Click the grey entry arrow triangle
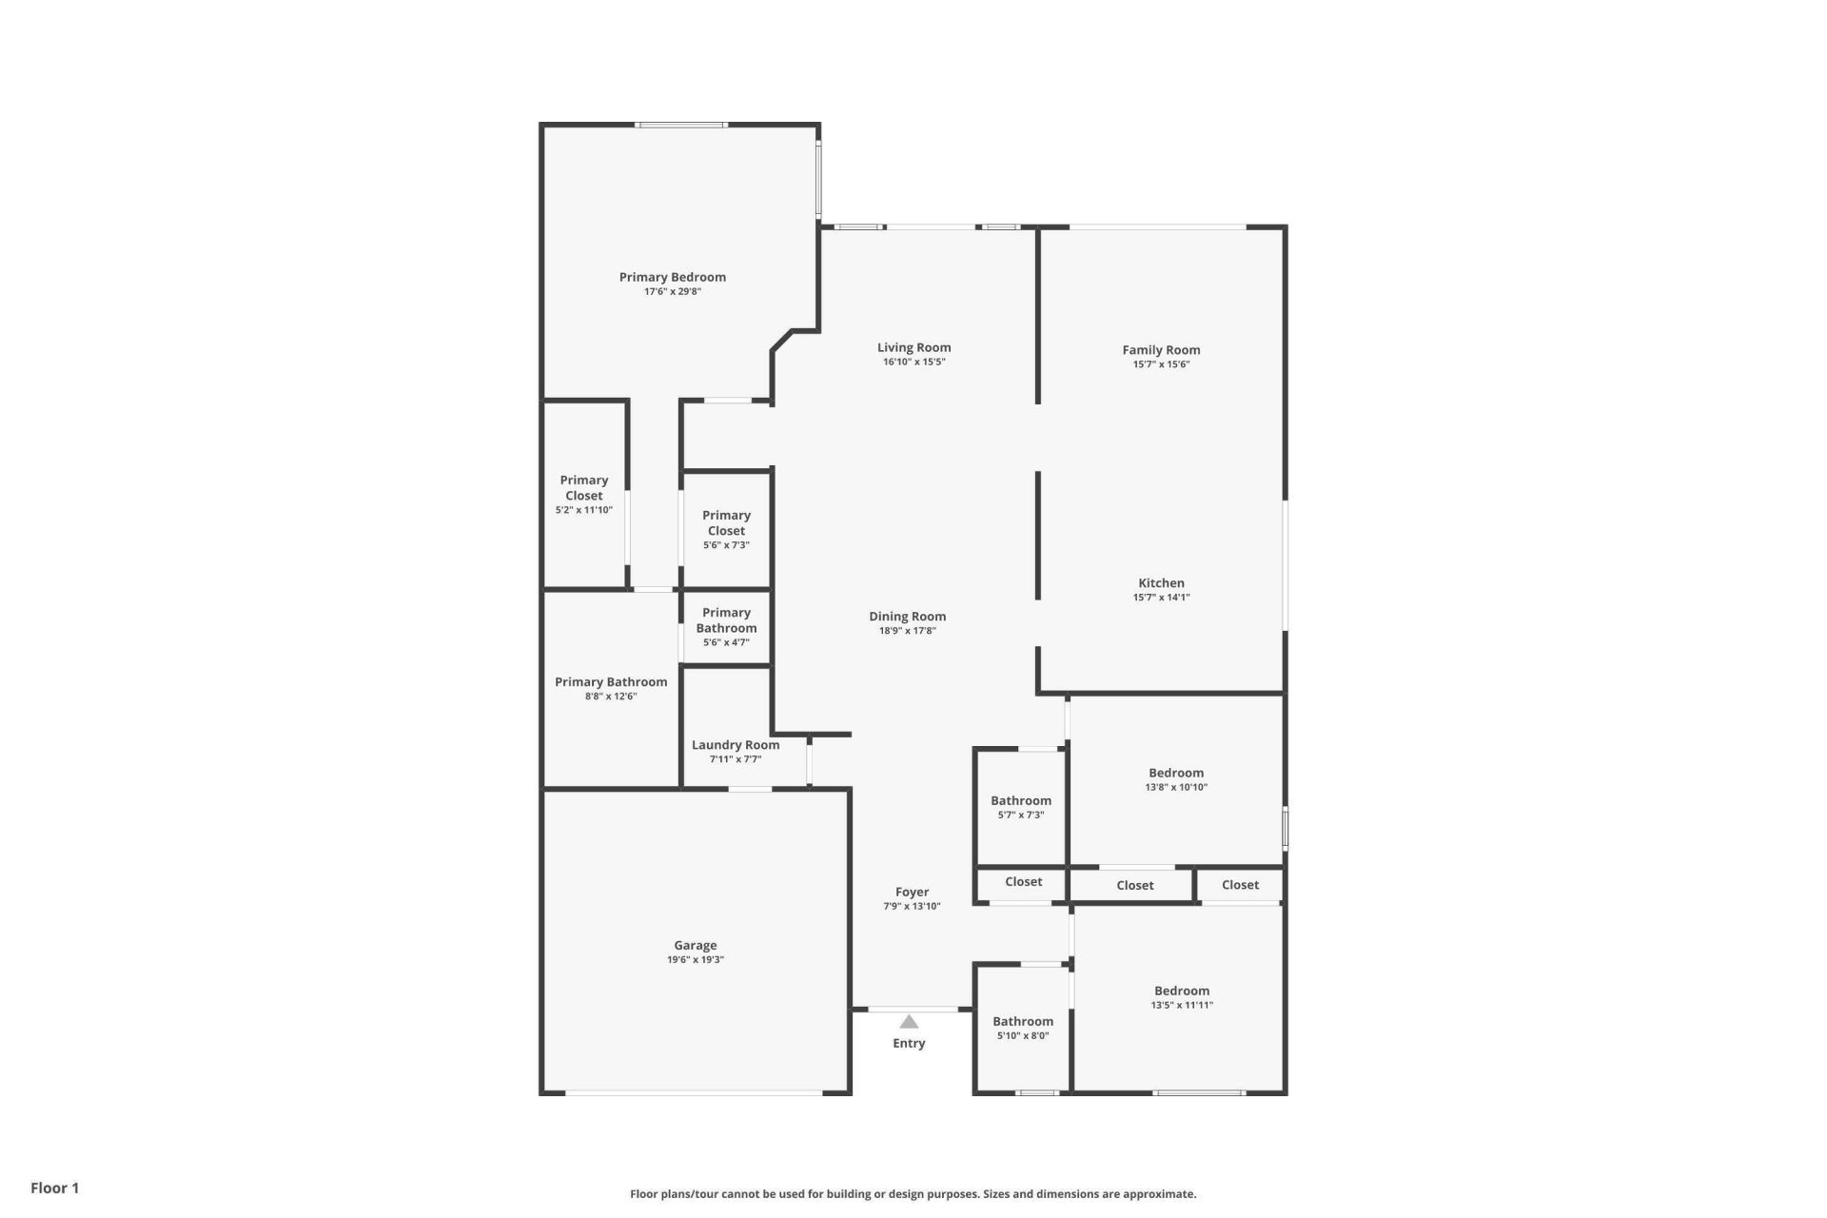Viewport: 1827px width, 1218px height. (909, 1022)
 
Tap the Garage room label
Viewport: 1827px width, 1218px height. (695, 945)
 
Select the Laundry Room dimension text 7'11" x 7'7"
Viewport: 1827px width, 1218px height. (736, 759)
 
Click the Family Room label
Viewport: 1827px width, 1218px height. (1161, 349)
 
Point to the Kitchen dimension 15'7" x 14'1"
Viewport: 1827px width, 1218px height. (1161, 598)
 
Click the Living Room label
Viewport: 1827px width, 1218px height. (913, 347)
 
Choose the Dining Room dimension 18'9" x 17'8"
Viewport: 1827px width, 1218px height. (907, 631)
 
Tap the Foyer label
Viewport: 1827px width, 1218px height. (912, 892)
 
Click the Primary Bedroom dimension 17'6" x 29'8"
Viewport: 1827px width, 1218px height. (672, 292)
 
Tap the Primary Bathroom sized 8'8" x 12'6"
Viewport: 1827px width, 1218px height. (611, 681)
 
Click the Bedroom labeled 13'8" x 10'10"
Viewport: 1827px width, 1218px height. (1176, 773)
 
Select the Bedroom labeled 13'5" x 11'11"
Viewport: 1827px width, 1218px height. (1182, 991)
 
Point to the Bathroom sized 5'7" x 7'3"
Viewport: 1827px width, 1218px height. (1021, 800)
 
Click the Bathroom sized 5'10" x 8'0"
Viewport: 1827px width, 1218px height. (1023, 1021)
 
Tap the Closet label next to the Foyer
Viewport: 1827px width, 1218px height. (1023, 882)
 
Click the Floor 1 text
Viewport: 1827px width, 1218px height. (54, 1188)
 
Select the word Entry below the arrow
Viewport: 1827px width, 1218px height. (909, 1043)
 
